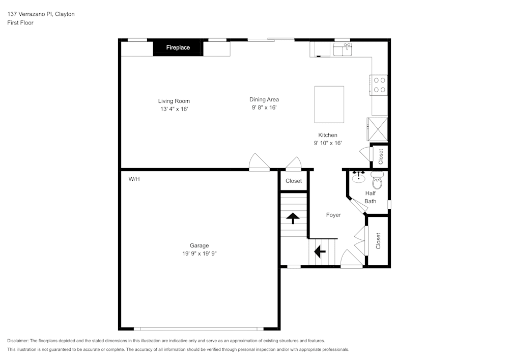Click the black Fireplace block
[178, 48]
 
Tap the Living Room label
[174, 101]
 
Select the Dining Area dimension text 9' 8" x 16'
[264, 107]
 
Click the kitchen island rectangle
[329, 104]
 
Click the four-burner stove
[379, 85]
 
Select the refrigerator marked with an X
[378, 129]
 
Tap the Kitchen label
[327, 135]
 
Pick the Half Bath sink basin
[359, 178]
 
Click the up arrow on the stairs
[293, 218]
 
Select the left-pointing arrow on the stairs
[320, 251]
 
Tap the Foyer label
[333, 215]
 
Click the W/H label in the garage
[134, 179]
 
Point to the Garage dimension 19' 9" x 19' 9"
[199, 253]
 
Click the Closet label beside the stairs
[294, 181]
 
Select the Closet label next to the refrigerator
[380, 156]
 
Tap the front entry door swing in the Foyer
[351, 259]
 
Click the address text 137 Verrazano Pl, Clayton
[41, 14]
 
